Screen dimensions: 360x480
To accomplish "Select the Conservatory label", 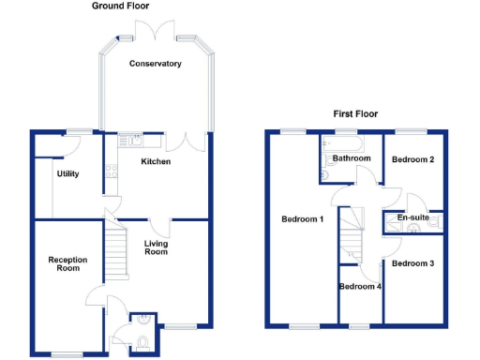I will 156,64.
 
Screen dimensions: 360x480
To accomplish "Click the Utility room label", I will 67,173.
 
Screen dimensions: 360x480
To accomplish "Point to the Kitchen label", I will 155,162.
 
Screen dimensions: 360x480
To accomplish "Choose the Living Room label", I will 156,247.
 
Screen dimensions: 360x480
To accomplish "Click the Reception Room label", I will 67,263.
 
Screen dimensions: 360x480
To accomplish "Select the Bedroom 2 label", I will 412,159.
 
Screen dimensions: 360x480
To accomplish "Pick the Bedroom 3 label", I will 412,263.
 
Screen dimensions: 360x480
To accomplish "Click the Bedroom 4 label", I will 360,286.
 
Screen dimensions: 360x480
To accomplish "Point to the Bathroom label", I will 352,158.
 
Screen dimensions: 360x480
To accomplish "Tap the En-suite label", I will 412,217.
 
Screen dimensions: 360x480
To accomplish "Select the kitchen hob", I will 111,172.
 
